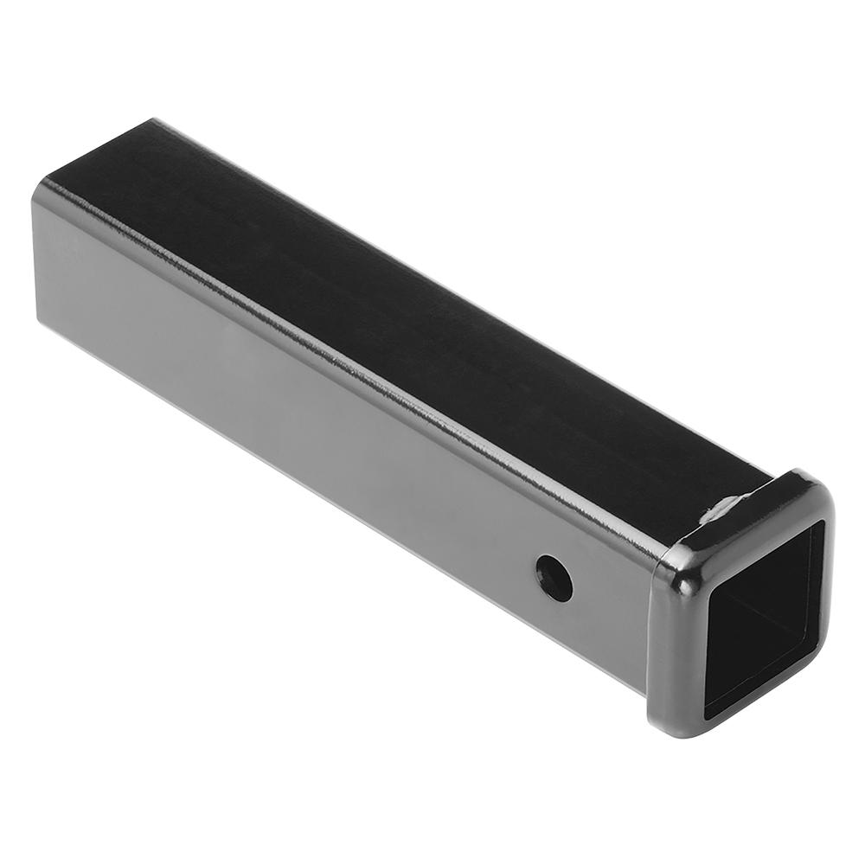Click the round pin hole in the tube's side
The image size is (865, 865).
(554, 576)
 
